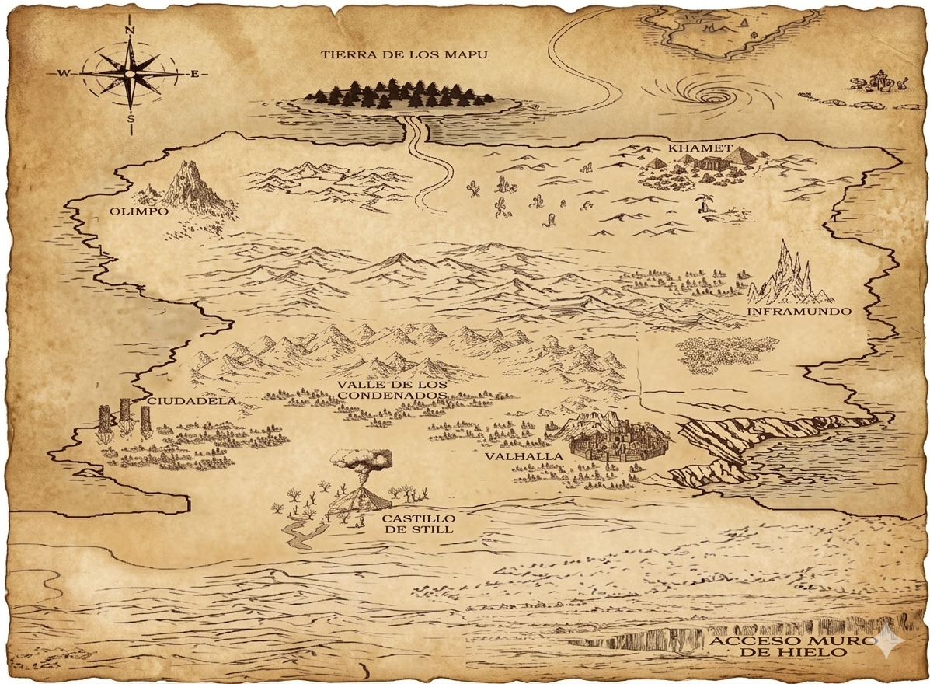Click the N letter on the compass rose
point(130,30)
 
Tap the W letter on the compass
point(64,74)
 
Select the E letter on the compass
point(194,74)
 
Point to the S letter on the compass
point(131,119)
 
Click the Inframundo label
point(799,311)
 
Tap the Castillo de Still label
point(418,524)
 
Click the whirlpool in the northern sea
point(710,96)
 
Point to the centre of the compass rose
point(131,74)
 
